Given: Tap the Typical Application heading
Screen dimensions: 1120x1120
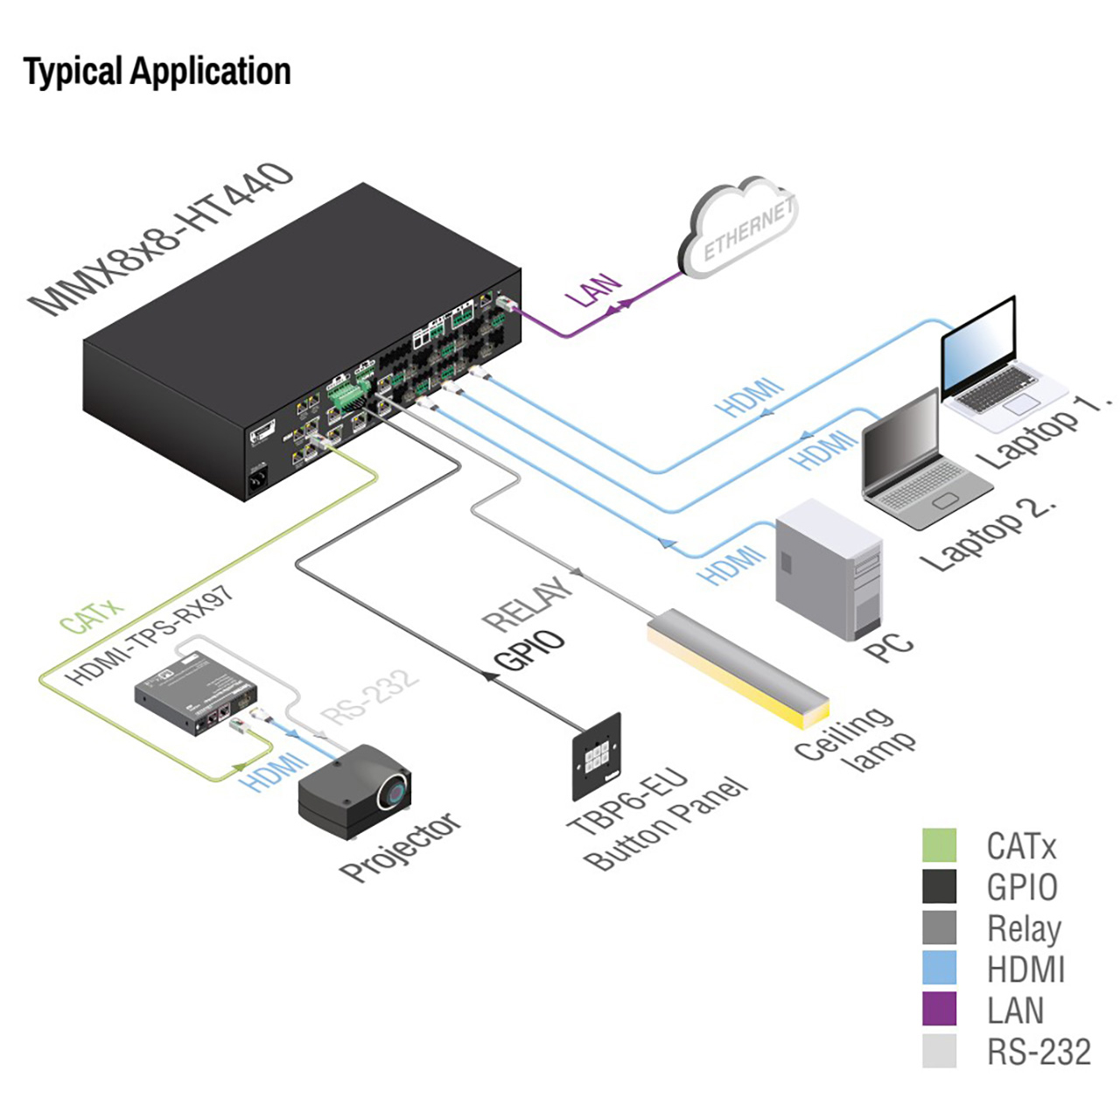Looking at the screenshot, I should pos(157,72).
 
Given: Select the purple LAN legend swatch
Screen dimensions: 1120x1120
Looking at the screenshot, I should pos(939,1009).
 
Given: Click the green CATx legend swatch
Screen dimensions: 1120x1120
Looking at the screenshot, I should pos(939,845).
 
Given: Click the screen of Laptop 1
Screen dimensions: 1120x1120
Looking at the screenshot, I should pos(978,345).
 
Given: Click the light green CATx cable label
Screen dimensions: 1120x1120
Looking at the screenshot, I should pos(91,614).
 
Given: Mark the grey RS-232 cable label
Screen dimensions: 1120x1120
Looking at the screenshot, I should pos(369,696).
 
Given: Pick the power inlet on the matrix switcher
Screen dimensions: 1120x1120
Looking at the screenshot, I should pos(260,479).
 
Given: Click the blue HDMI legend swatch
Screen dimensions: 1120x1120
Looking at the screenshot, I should pos(939,968).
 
